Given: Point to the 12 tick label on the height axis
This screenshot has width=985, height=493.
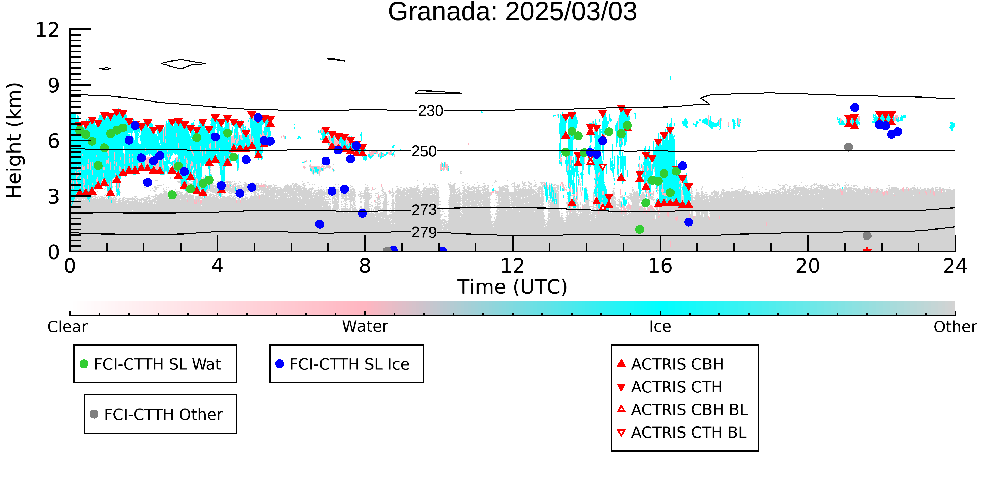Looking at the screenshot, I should tap(48, 30).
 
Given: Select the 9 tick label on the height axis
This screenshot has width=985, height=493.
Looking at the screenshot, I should tap(54, 86).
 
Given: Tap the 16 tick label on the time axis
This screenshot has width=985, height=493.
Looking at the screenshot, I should tap(660, 266).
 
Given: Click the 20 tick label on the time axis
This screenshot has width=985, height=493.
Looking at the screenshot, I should tap(808, 266).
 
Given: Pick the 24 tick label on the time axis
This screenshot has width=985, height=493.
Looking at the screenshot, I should tap(955, 266).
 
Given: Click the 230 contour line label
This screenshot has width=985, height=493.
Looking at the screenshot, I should tap(430, 111).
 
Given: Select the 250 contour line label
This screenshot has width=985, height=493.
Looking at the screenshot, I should tap(424, 151).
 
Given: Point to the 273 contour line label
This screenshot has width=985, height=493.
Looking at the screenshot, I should tap(424, 210).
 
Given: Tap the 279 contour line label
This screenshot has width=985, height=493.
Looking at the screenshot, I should tap(424, 232).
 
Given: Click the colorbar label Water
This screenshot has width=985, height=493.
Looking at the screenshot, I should tap(365, 327).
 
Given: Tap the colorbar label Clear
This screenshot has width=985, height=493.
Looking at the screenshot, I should tap(67, 327).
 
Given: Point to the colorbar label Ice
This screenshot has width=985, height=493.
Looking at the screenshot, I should tap(660, 327).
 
